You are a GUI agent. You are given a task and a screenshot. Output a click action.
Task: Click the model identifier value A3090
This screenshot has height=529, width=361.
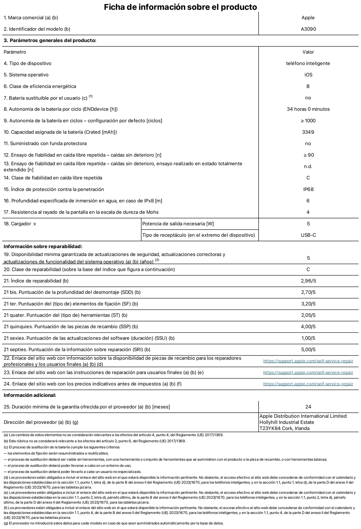pos(308,29)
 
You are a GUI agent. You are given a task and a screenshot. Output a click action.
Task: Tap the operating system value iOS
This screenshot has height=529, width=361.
pos(308,75)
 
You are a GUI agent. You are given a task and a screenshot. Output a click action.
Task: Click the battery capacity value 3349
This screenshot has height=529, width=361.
pos(308,132)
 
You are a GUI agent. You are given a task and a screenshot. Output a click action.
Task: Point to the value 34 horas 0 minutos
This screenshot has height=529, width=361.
pos(308,109)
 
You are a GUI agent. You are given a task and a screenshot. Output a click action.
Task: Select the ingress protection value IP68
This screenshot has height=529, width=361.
pos(308,189)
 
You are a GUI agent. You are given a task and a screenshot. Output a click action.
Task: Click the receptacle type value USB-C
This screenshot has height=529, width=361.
pos(308,235)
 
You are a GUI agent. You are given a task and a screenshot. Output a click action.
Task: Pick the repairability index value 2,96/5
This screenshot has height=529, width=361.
pos(308,281)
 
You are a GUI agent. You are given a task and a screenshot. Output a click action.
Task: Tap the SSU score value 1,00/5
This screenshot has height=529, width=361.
pos(308,338)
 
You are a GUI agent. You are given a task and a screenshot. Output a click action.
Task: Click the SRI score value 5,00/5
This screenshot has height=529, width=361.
pos(308,350)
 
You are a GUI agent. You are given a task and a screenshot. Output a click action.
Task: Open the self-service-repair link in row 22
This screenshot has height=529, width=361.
pos(308,361)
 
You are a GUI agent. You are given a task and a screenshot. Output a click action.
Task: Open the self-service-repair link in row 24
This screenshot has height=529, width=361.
pos(308,384)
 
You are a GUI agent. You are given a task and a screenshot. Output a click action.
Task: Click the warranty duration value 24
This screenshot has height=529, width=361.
pos(308,407)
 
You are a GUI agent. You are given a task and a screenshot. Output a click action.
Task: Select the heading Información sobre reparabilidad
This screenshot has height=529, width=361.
pos(43,247)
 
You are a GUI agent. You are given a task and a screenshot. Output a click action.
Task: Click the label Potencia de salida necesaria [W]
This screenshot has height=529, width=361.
pos(178,224)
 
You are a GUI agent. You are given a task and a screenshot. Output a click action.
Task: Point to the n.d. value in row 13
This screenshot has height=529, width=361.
pos(308,167)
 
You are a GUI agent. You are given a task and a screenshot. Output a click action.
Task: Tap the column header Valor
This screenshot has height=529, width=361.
pos(308,52)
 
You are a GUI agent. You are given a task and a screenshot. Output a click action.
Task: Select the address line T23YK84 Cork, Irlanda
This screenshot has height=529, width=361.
pos(284,429)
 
